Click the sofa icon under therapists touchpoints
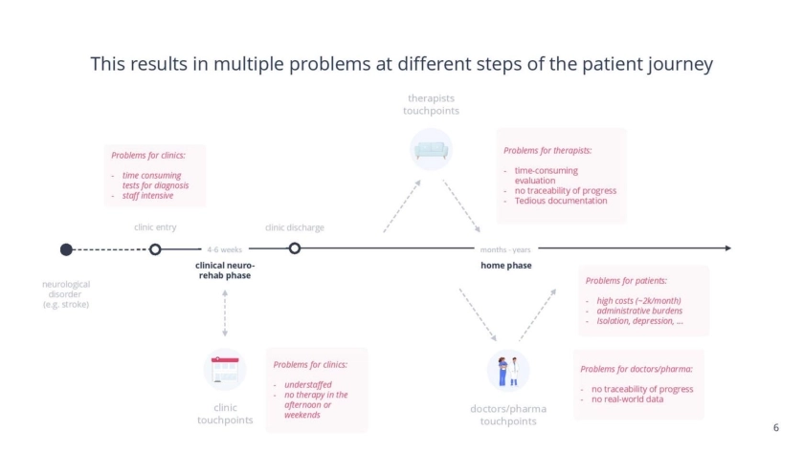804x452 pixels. pos(431,149)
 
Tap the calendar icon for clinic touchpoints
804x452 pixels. pos(225,370)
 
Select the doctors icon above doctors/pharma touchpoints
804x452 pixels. pos(508,370)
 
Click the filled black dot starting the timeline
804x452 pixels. pos(66,249)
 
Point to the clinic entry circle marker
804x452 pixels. pos(155,249)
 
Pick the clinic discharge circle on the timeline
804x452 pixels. pos(295,248)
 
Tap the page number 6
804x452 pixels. pos(775,427)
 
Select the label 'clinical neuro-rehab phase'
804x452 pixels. pos(225,270)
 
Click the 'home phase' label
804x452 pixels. pos(506,265)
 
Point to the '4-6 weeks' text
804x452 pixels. pos(225,249)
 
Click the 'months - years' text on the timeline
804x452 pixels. pos(506,249)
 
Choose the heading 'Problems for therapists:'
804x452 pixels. pos(547,150)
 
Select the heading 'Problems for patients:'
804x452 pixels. pos(627,281)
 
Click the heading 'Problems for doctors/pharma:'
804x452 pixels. pos(636,368)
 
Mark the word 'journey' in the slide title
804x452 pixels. pos(679,65)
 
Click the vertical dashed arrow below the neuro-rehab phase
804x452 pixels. pos(225,313)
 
